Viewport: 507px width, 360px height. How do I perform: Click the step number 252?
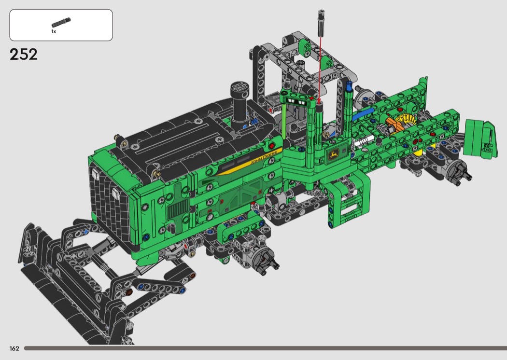(23, 55)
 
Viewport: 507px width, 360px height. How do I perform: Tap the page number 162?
(14, 348)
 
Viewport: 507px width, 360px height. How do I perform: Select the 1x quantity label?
(54, 31)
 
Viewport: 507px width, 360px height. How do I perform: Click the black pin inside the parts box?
(61, 23)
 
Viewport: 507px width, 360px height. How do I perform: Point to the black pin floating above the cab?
(322, 20)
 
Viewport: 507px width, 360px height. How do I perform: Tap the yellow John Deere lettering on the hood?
(262, 158)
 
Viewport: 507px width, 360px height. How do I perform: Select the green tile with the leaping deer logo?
(333, 155)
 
